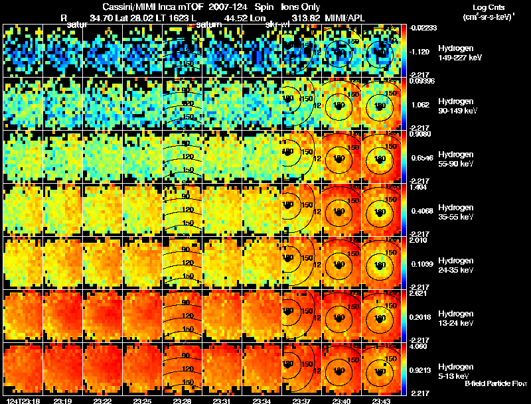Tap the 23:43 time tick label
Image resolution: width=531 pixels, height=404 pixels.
[x=380, y=400]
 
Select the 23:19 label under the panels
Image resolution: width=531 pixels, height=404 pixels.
[x=62, y=400]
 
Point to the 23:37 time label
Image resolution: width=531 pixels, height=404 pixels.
[x=301, y=400]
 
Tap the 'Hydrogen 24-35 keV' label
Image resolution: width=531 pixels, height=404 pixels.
[x=455, y=264]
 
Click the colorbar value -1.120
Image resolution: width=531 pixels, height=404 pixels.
[x=421, y=51]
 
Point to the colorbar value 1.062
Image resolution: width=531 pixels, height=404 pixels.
[x=421, y=104]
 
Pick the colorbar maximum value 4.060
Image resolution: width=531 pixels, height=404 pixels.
[x=421, y=346]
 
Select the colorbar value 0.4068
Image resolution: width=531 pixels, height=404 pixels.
[x=421, y=211]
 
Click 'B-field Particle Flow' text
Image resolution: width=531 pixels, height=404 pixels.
[x=496, y=383]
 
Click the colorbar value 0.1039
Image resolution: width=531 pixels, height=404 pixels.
[x=421, y=264]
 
